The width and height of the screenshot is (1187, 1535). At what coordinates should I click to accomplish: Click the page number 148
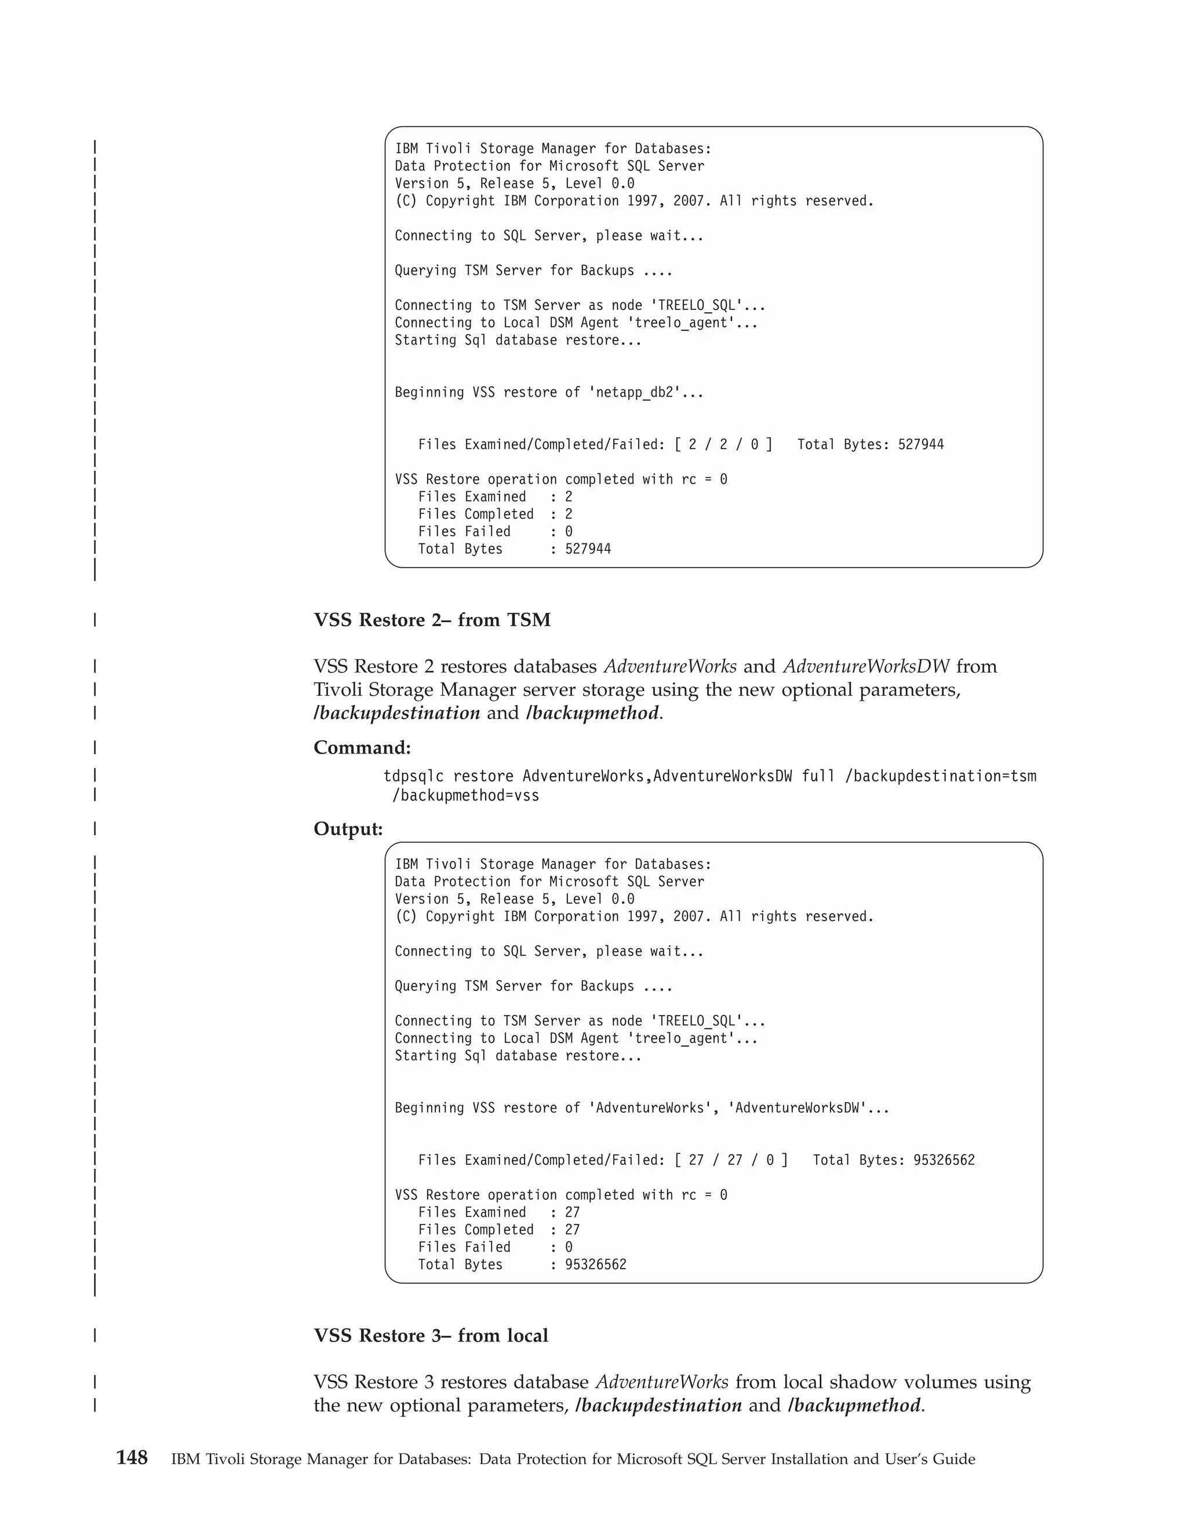(x=132, y=1458)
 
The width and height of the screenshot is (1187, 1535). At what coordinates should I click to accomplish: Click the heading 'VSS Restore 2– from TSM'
(x=432, y=620)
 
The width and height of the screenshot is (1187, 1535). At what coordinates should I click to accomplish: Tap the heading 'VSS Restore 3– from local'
(x=431, y=1335)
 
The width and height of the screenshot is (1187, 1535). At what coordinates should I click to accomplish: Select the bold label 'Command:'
(x=362, y=747)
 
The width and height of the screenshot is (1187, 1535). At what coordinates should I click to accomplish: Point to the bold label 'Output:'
(x=348, y=829)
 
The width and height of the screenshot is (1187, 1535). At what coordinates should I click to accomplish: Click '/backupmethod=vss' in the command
(x=465, y=796)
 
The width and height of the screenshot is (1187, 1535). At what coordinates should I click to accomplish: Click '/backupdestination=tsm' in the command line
(x=940, y=776)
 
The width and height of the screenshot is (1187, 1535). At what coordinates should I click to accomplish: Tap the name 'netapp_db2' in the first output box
(x=639, y=392)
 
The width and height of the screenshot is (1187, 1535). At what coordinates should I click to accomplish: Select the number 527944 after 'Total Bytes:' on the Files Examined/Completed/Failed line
(x=920, y=444)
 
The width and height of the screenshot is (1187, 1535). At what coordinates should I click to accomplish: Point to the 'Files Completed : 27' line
(x=498, y=1229)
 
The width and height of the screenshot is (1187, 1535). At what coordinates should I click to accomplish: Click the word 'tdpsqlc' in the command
(x=413, y=776)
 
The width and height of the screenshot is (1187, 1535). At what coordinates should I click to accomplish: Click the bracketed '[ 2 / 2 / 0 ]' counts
(x=723, y=444)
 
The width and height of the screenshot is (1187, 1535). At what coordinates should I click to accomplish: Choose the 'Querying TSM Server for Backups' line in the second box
(x=533, y=986)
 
